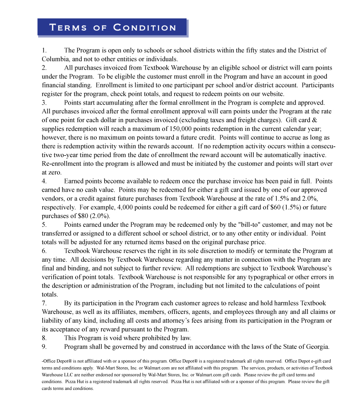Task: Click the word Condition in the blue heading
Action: point(144,28)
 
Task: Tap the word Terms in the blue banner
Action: point(68,28)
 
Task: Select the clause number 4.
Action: point(44,181)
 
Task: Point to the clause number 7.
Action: point(44,303)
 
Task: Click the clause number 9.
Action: point(44,347)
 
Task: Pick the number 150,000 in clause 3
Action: point(182,129)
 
